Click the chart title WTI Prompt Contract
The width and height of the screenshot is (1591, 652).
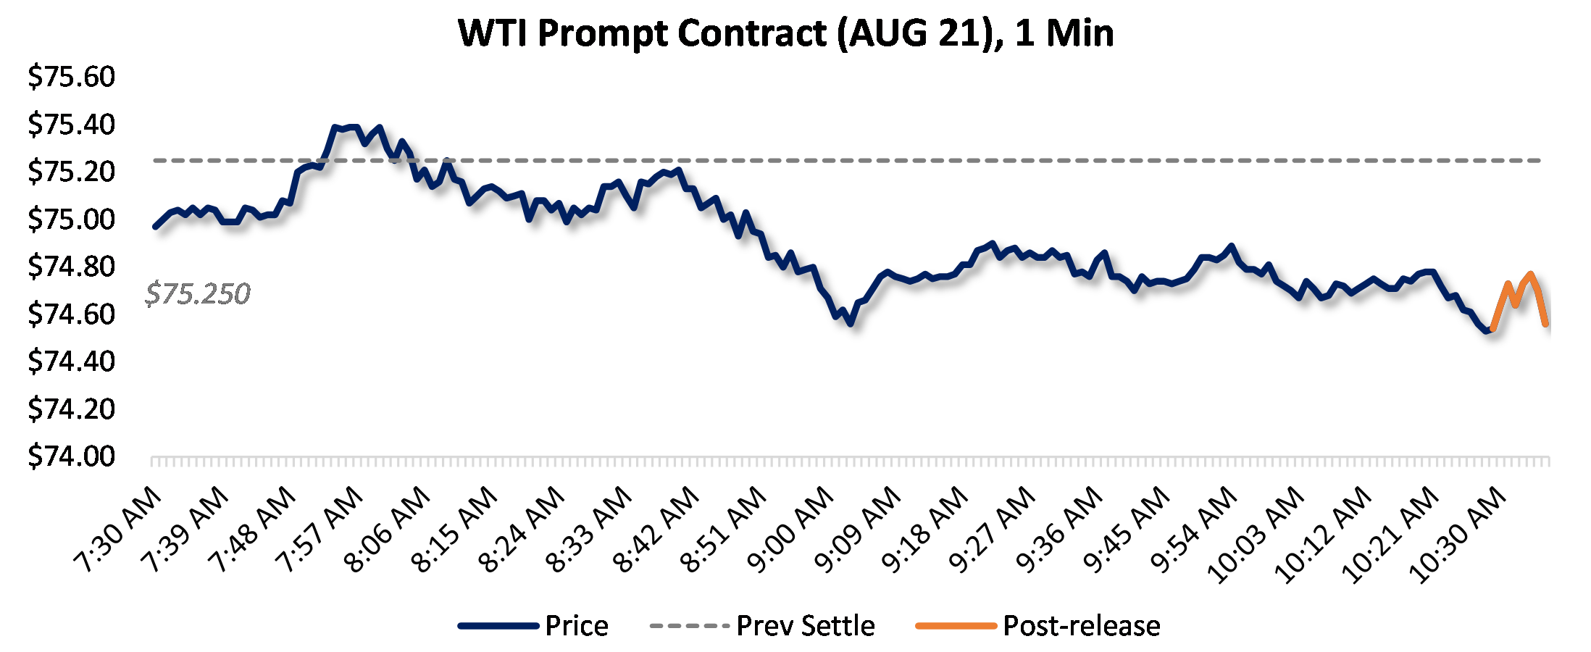tap(786, 33)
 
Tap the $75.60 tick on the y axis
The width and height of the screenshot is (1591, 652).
tap(71, 77)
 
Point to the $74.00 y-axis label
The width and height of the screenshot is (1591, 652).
tap(71, 456)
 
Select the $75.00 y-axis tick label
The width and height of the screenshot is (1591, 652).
tap(71, 219)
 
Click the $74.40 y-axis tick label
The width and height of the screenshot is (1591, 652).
tap(71, 361)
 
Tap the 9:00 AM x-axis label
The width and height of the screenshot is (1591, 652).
tap(792, 530)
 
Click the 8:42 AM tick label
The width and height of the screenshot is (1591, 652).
tap(657, 530)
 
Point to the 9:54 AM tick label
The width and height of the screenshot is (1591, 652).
tap(1195, 530)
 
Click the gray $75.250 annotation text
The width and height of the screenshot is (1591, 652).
tap(198, 294)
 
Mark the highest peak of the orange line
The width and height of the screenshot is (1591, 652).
tap(1530, 275)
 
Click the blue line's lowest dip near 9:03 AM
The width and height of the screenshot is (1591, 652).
tap(851, 323)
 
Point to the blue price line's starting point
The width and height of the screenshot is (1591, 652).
tap(155, 227)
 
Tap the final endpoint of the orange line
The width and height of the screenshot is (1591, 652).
tap(1546, 324)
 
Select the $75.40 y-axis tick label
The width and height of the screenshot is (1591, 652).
tap(71, 125)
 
